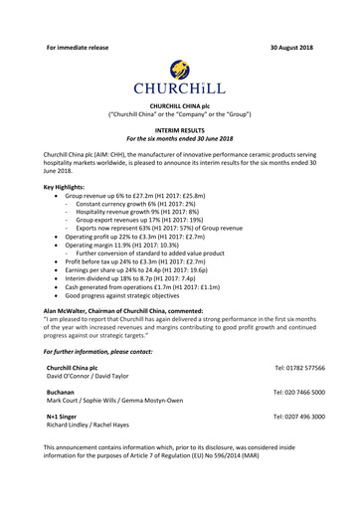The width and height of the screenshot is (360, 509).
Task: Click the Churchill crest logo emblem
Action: click(179, 69)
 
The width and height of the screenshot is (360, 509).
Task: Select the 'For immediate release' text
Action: click(78, 19)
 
